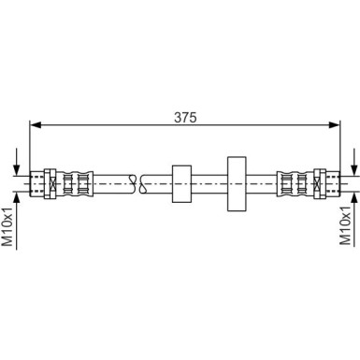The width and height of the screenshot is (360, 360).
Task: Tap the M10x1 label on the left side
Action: pyautogui.click(x=9, y=228)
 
